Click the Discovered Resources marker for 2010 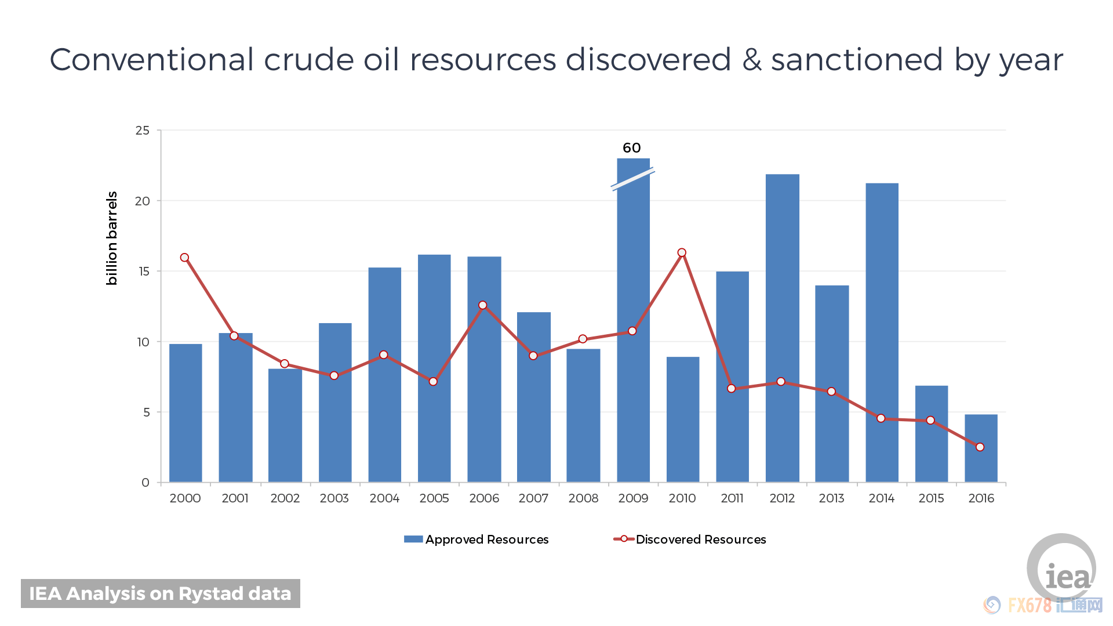(x=682, y=252)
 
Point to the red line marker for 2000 (x=184, y=258)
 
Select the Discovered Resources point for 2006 (x=483, y=305)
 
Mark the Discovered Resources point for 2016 (x=980, y=447)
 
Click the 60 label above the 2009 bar (x=632, y=148)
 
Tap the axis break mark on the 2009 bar (x=632, y=179)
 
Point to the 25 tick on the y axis (x=143, y=131)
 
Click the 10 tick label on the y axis (x=143, y=342)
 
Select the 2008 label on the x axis (x=583, y=498)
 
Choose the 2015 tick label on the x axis (x=931, y=498)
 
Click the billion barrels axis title (x=112, y=238)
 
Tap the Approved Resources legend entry (x=476, y=540)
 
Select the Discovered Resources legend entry (x=690, y=540)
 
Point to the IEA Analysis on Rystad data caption (x=161, y=594)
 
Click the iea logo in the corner (x=1062, y=569)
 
